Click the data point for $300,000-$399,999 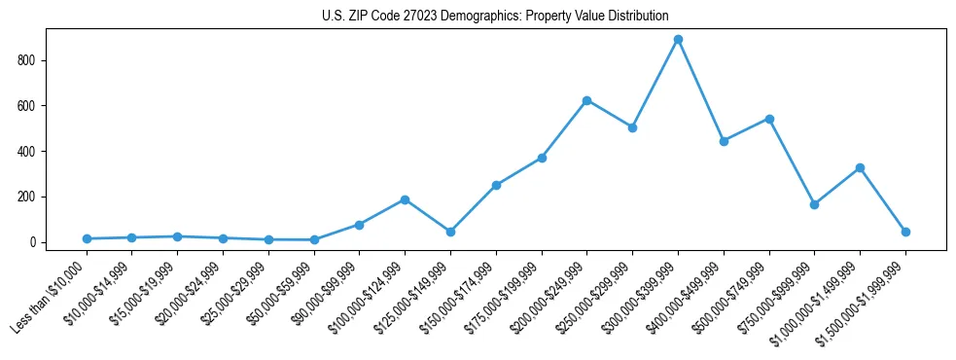(678, 39)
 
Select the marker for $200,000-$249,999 (586, 100)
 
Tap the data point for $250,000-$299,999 (632, 127)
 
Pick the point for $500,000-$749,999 (769, 119)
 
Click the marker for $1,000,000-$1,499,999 (860, 167)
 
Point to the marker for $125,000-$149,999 (450, 232)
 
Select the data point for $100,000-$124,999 (405, 199)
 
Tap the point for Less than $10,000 (87, 238)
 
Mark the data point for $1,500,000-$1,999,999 (905, 232)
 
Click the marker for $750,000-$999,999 (814, 204)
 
